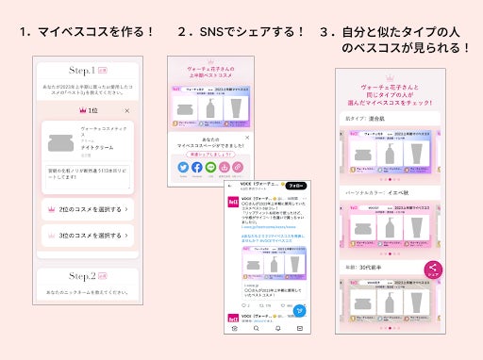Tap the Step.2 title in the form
[x=86, y=277]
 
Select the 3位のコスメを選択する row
[x=86, y=236]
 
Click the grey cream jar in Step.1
[x=63, y=143]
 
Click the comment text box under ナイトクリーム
[x=86, y=176]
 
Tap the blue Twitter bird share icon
[x=182, y=167]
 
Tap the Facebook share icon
[x=196, y=167]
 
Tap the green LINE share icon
[x=210, y=167]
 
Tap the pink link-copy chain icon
[x=239, y=167]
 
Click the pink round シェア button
[x=433, y=270]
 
